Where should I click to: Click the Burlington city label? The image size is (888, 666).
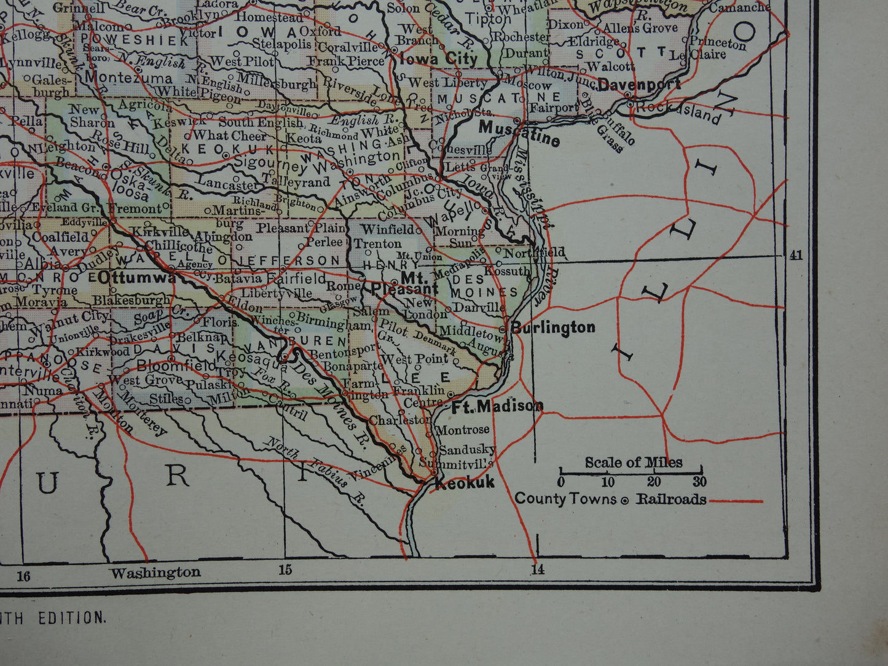click(553, 327)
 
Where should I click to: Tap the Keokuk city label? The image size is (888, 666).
click(464, 484)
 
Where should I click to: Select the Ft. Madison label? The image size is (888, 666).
click(497, 406)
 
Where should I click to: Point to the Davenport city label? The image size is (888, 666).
click(639, 84)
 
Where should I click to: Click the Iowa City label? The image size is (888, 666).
click(438, 60)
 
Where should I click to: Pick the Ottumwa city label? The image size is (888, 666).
click(136, 278)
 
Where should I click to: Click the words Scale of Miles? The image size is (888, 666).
click(633, 462)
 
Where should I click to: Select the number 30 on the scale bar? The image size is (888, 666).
click(699, 482)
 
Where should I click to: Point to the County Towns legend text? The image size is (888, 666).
click(565, 498)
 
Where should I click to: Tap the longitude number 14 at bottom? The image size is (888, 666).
click(538, 570)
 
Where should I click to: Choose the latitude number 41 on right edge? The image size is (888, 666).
click(796, 256)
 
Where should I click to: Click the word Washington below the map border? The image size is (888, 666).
click(155, 573)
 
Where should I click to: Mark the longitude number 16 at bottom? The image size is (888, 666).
click(23, 576)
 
